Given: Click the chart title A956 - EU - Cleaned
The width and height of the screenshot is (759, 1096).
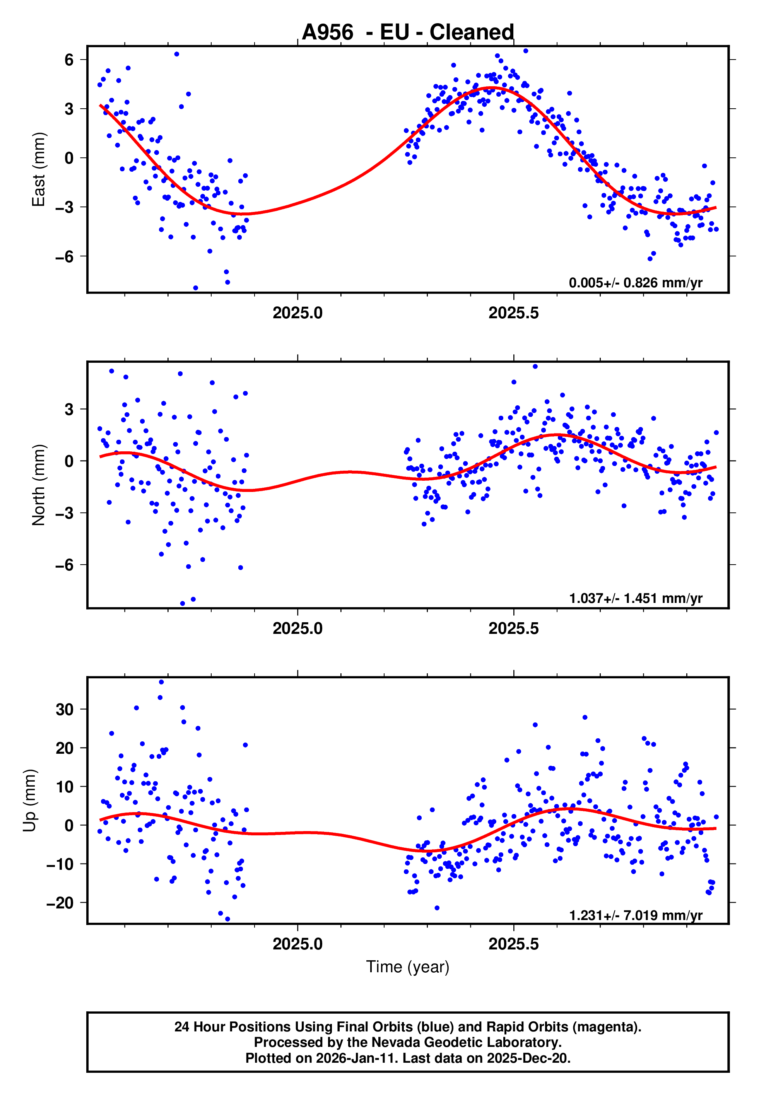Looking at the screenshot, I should pyautogui.click(x=408, y=32).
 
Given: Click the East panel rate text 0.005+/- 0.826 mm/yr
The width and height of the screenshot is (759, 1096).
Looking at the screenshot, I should pyautogui.click(x=635, y=283).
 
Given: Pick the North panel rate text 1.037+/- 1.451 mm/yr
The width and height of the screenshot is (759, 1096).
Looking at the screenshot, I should pyautogui.click(x=635, y=598).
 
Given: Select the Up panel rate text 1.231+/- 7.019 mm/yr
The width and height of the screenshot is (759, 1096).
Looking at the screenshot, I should pyautogui.click(x=635, y=915).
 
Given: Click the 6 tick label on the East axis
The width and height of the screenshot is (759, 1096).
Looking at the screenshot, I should pyautogui.click(x=69, y=60).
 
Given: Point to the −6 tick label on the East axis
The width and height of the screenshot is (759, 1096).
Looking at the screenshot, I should pyautogui.click(x=65, y=257).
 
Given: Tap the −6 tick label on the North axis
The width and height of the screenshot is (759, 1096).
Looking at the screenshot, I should pyautogui.click(x=65, y=565).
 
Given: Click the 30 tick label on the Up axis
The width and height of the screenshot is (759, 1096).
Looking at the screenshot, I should pyautogui.click(x=65, y=709).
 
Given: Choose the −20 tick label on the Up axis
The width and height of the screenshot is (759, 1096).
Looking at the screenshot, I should pyautogui.click(x=60, y=903).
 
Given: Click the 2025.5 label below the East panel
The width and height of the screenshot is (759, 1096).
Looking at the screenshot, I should pyautogui.click(x=514, y=313).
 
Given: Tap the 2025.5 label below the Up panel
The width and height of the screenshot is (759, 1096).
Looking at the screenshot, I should pyautogui.click(x=514, y=944).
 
